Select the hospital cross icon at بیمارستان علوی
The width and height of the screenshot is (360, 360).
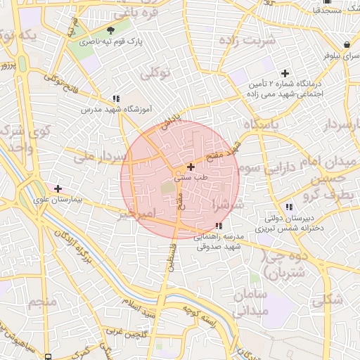(58, 188)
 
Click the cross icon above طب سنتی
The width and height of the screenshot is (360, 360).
(191, 167)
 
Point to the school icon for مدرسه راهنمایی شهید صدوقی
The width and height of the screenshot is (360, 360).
(219, 226)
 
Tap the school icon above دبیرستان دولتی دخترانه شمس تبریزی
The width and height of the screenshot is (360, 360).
(289, 207)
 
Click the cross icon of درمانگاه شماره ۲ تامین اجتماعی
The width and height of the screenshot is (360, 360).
(285, 73)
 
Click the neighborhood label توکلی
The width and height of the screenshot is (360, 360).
(156, 73)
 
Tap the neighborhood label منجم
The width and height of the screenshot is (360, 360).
(41, 303)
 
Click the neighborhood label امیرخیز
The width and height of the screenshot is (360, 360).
(138, 214)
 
